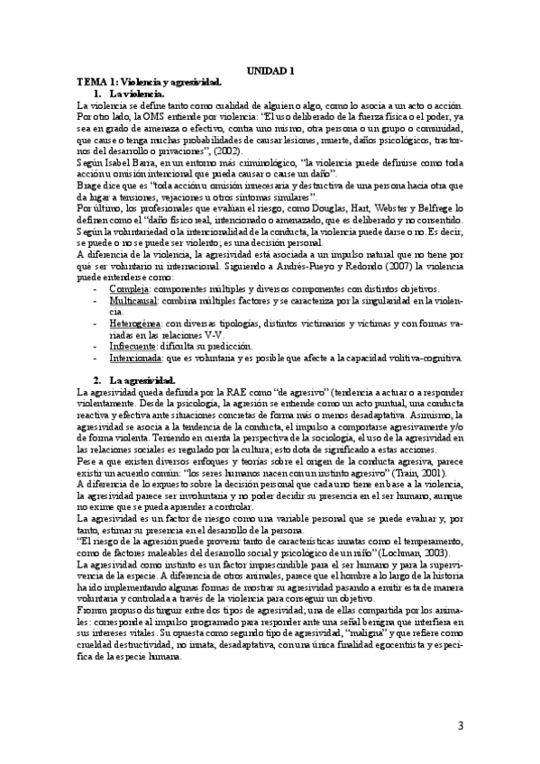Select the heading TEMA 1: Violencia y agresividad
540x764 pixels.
[x=149, y=81]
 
